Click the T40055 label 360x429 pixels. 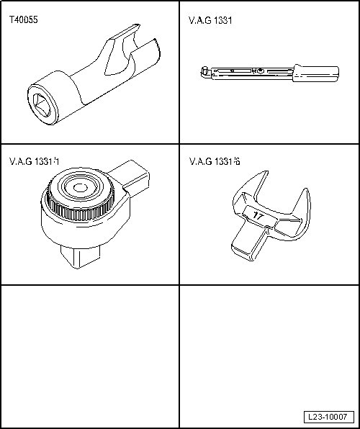tap(24, 20)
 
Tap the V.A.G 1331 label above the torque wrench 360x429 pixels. tap(210, 21)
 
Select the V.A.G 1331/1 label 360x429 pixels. tap(35, 162)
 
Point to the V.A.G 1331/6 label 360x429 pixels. tap(215, 162)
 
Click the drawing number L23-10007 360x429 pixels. tap(328, 417)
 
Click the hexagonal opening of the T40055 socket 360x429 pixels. tap(42, 104)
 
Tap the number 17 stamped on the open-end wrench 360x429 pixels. tap(258, 215)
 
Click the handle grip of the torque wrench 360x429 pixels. tap(315, 73)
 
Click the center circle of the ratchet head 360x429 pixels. tap(80, 188)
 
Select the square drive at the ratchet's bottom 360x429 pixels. tap(80, 256)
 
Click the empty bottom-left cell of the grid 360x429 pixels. tap(90, 356)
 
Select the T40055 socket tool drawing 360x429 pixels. tap(94, 75)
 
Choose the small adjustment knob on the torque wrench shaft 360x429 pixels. tap(259, 71)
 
